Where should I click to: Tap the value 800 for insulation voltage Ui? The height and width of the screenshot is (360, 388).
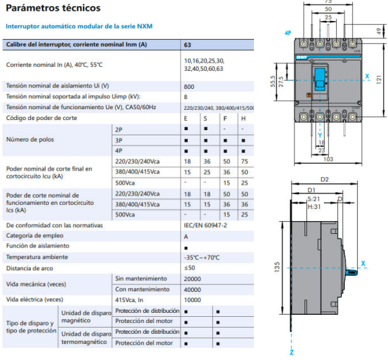[x=189, y=86]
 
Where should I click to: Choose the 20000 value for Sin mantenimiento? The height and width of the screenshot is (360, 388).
[x=193, y=278]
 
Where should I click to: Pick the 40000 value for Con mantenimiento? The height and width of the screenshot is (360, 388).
[x=193, y=289]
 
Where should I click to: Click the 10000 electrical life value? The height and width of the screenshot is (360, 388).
[x=193, y=299]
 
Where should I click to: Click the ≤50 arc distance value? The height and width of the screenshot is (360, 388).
[x=190, y=268]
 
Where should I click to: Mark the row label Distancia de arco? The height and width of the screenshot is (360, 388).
[x=31, y=268]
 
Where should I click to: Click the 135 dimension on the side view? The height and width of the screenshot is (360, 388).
[x=277, y=266]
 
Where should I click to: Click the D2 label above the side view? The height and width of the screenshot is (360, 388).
[x=324, y=179]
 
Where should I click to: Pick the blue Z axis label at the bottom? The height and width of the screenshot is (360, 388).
[x=292, y=352]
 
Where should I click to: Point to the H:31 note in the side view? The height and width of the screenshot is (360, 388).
[x=314, y=207]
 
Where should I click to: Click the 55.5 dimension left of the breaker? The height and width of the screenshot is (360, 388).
[x=273, y=80]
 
